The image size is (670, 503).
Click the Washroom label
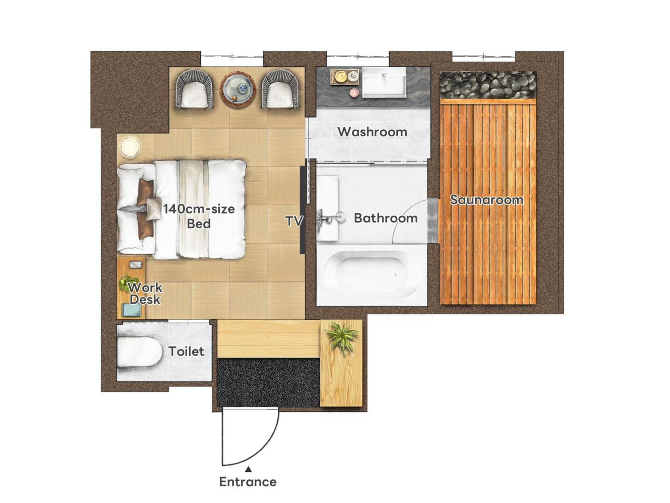click(372, 132)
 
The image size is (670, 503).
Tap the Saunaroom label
click(486, 200)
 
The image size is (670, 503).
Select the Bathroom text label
click(386, 218)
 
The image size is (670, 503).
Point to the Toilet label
click(186, 351)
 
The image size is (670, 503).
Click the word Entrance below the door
click(248, 482)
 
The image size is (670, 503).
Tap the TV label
click(294, 221)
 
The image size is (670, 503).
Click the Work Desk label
click(145, 293)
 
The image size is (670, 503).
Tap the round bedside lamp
click(130, 147)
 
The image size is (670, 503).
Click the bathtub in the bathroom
click(371, 274)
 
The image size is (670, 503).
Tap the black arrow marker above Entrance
click(248, 469)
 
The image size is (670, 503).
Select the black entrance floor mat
click(268, 382)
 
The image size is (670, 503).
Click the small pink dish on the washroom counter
click(354, 93)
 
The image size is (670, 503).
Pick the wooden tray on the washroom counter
click(345, 77)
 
